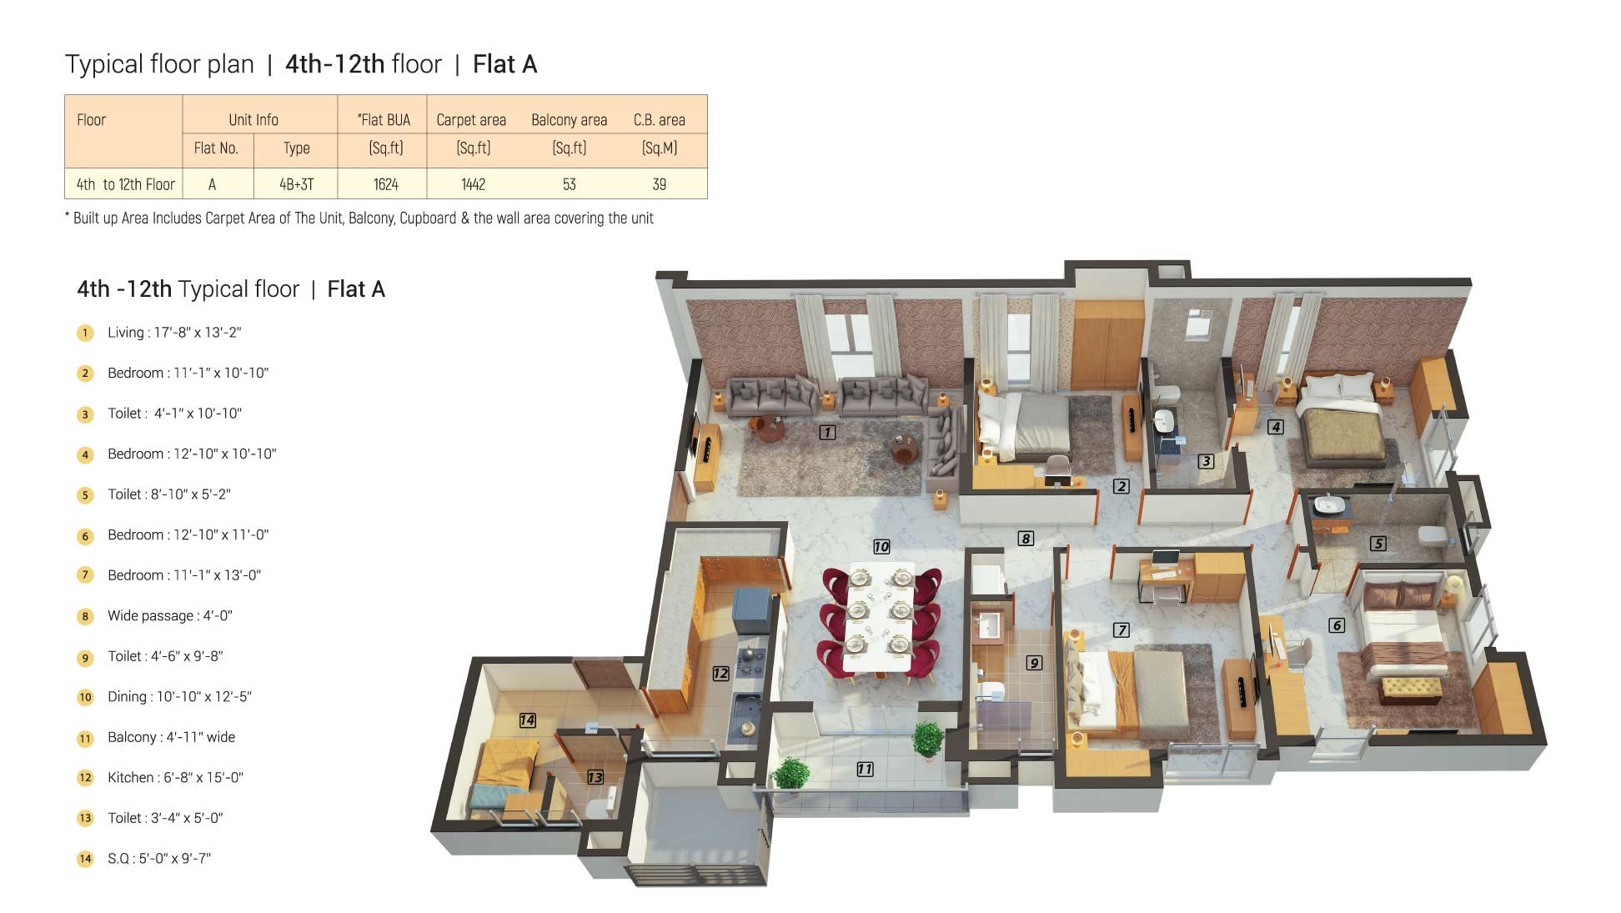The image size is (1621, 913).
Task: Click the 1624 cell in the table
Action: click(385, 184)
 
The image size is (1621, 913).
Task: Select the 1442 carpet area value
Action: click(473, 184)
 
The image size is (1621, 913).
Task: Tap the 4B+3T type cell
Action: click(296, 184)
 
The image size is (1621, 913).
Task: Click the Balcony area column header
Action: click(569, 120)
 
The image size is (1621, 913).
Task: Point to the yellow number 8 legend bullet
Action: click(85, 617)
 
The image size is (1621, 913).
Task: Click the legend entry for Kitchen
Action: click(175, 778)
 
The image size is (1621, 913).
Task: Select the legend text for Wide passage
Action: click(169, 616)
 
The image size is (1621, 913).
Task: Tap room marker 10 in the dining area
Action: click(881, 547)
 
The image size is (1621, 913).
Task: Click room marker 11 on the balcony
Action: click(865, 769)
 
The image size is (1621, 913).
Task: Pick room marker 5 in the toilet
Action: click(1378, 544)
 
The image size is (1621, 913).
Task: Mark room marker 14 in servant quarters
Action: click(527, 720)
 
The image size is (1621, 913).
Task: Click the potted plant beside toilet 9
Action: click(927, 739)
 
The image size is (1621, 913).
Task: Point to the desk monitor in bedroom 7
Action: click(1165, 558)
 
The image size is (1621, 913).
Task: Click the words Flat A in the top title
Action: click(504, 64)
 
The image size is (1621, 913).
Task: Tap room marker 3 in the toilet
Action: click(1206, 461)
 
